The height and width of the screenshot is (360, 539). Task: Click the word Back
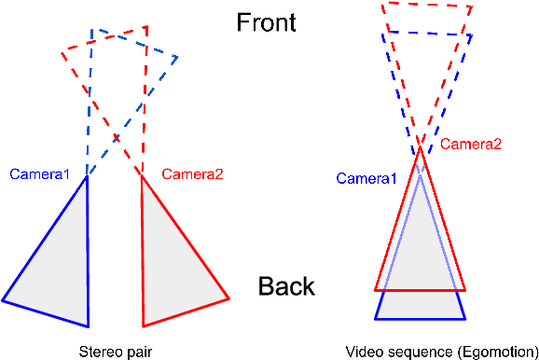pyautogui.click(x=286, y=286)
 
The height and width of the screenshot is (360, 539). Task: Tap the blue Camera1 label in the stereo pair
pyautogui.click(x=40, y=173)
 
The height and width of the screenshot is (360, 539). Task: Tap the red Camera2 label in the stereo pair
pyautogui.click(x=193, y=173)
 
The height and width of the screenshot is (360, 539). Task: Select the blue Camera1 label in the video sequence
pyautogui.click(x=366, y=178)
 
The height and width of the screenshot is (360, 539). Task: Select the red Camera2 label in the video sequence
pyautogui.click(x=471, y=144)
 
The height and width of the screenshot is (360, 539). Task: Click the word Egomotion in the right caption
pyautogui.click(x=495, y=352)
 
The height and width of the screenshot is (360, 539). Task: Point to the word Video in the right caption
pyautogui.click(x=362, y=352)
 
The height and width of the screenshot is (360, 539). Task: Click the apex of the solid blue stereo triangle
pyautogui.click(x=86, y=176)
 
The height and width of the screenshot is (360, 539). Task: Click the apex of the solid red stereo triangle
pyautogui.click(x=142, y=175)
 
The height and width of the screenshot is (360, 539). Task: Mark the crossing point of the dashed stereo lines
pyautogui.click(x=116, y=139)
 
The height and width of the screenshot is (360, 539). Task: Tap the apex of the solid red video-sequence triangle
pyautogui.click(x=421, y=146)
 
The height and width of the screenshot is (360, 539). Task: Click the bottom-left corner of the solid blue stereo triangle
pyautogui.click(x=3, y=300)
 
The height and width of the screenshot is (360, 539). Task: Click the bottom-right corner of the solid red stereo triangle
pyautogui.click(x=228, y=298)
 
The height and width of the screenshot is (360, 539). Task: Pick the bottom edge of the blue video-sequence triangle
pyautogui.click(x=420, y=319)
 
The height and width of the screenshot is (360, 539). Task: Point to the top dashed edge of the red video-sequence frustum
pyautogui.click(x=427, y=5)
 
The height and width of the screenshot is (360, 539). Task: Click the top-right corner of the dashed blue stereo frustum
pyautogui.click(x=177, y=57)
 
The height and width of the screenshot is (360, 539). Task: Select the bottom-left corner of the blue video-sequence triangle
pyautogui.click(x=376, y=319)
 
